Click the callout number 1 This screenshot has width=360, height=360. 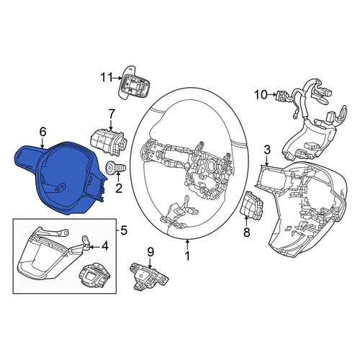point(187,256)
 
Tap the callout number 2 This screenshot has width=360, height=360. point(119,188)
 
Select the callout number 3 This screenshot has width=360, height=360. point(267,150)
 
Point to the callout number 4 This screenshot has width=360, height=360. point(105,246)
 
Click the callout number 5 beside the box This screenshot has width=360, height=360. point(123,231)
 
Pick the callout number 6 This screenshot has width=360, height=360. point(42,132)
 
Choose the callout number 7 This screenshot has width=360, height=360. point(112,114)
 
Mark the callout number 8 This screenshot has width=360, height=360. point(247,232)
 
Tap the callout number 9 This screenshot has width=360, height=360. point(150,252)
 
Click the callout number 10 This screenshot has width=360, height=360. point(261,95)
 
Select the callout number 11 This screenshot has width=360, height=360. point(107,78)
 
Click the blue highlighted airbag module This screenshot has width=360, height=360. point(60,178)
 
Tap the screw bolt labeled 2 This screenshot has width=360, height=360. point(116,167)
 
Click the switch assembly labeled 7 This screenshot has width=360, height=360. point(109,142)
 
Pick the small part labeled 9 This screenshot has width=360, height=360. point(148,276)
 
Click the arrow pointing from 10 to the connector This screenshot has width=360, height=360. point(272,95)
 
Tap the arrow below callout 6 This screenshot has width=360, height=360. point(42,143)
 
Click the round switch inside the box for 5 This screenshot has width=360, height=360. point(94,276)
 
